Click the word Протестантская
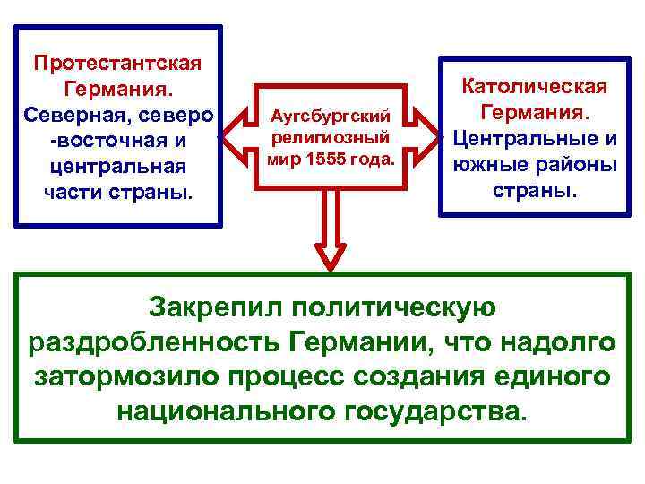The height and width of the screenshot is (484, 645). [117, 64]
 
